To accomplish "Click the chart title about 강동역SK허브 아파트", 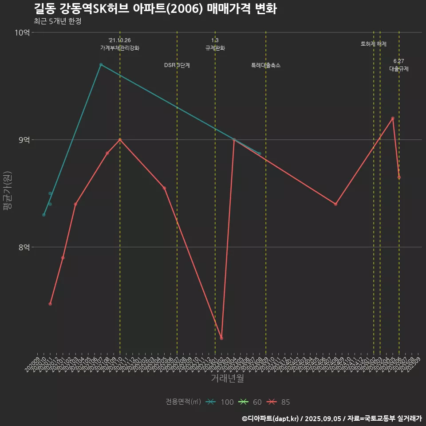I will (x=155, y=9).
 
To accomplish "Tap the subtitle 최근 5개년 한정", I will (x=57, y=21).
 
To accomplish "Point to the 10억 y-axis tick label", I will (x=22, y=33).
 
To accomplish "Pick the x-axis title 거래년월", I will (x=227, y=379).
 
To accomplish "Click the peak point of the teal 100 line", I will (x=101, y=65).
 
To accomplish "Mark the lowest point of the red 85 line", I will (x=221, y=338).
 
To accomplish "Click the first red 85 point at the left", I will (x=50, y=304).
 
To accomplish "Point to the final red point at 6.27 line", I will (x=399, y=177).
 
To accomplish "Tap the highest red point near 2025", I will (x=393, y=118).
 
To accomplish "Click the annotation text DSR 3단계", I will (x=177, y=66).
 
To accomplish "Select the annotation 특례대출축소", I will (x=266, y=66).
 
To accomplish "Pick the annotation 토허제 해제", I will (x=374, y=44).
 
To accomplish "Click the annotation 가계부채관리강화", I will (x=120, y=48).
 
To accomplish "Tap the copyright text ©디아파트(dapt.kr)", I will (x=272, y=418).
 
